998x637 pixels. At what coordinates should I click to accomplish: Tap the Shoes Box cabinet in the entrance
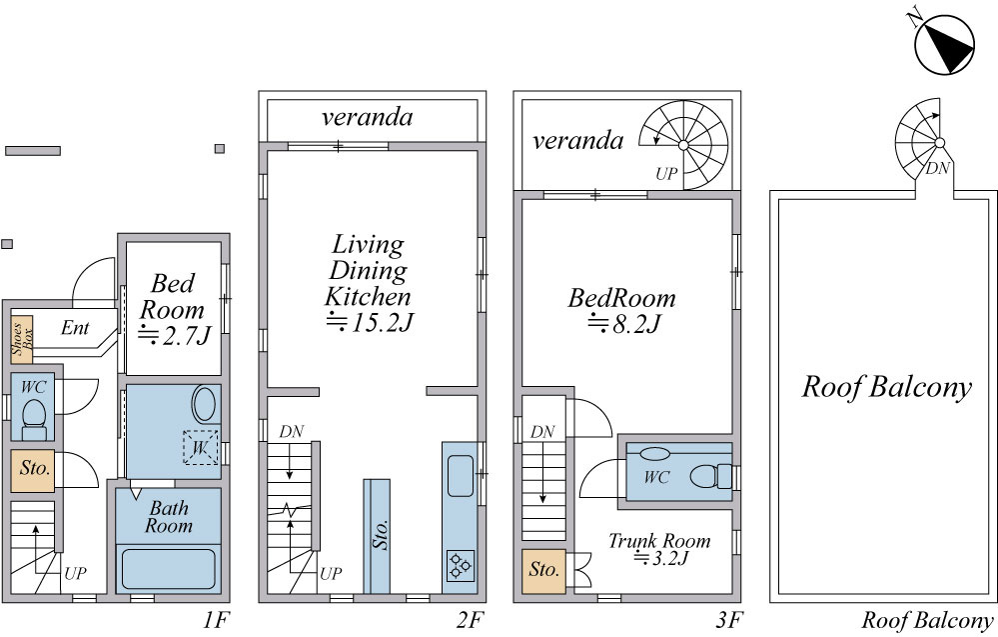22,340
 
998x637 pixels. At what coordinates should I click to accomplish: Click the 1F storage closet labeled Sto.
32,471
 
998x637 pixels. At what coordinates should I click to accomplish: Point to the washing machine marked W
200,447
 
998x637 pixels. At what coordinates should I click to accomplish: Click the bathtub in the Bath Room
168,569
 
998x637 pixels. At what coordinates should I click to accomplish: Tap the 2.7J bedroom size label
174,335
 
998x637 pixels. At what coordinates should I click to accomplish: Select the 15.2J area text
370,322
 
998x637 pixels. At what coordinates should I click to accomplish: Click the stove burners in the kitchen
460,565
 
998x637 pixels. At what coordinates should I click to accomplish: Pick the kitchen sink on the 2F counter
461,475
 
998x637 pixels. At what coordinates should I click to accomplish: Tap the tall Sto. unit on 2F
377,536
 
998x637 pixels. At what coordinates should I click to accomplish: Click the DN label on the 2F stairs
292,431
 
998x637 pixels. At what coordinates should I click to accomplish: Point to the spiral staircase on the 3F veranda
683,145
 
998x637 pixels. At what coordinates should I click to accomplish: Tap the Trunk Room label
659,541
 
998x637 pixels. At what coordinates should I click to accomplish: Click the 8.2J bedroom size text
623,324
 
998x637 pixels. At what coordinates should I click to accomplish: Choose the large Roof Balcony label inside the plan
887,387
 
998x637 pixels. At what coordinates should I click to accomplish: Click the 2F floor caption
470,620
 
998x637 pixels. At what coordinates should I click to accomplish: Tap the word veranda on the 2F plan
368,117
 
